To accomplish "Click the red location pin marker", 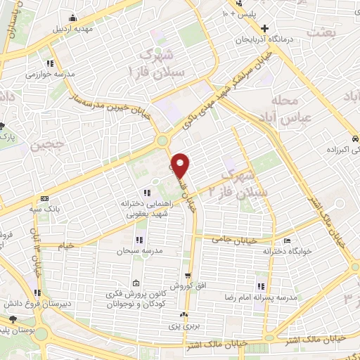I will (181, 165).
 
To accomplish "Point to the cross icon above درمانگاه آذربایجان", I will (265, 29).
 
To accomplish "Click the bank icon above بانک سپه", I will (44, 199).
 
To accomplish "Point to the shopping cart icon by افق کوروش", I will (188, 276).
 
